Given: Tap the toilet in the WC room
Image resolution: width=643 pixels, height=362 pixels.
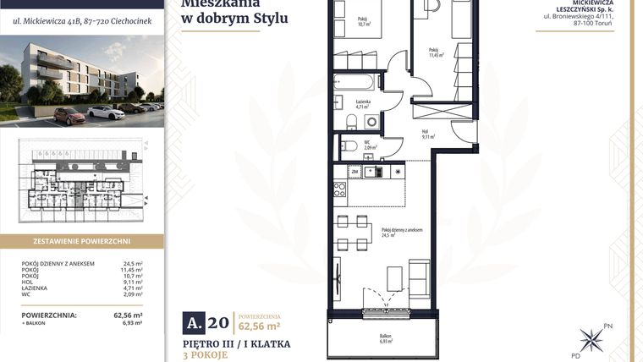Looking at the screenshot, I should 345,145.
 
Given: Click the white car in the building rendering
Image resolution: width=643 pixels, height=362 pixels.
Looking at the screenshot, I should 107,111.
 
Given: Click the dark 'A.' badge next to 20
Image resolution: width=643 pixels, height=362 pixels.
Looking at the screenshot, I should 195,321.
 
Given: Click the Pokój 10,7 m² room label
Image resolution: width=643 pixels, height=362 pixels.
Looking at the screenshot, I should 364,21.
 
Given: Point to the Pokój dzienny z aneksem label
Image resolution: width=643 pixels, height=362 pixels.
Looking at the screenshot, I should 401,232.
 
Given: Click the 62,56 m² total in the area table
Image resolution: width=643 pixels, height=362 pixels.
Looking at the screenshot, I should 128,315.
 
